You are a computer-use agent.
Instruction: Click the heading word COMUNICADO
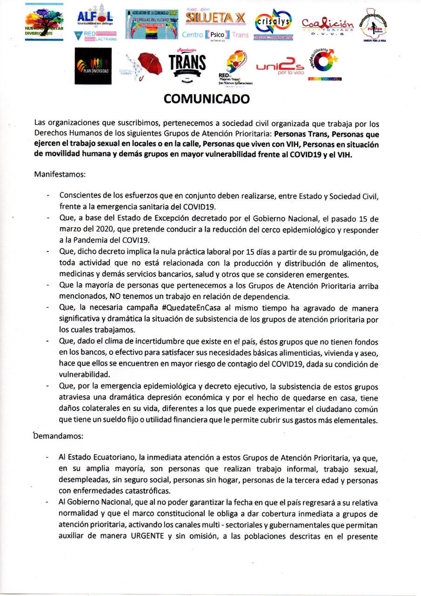point(206,99)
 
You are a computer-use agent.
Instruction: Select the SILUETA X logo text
point(215,18)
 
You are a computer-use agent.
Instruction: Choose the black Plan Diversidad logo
point(93,65)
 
